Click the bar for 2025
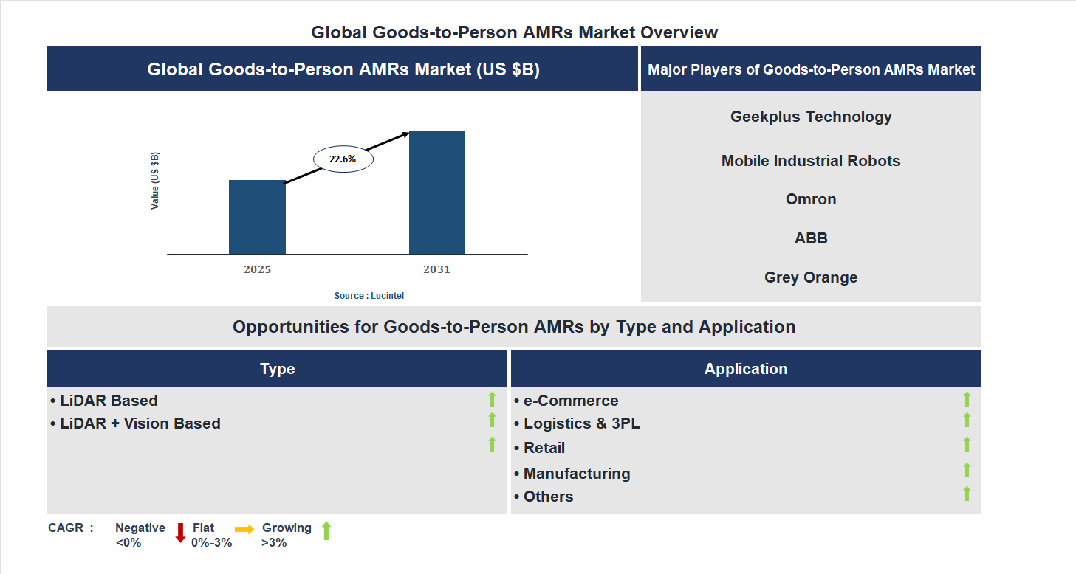tap(257, 217)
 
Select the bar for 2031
tap(437, 193)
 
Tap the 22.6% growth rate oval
tap(343, 159)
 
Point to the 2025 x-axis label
tap(257, 269)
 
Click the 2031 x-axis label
tap(436, 269)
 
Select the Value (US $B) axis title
tap(155, 181)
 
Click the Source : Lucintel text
tap(369, 295)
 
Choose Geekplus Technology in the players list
tap(811, 117)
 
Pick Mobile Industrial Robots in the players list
tap(811, 161)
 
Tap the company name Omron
tap(811, 199)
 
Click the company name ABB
tap(811, 238)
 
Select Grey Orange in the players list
tap(811, 277)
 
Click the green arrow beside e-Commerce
tap(967, 399)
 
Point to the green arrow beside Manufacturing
tap(967, 470)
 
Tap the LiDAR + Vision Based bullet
tap(136, 423)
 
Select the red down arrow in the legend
tap(180, 533)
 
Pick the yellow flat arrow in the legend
tap(244, 529)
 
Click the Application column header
tap(746, 369)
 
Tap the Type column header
tap(277, 369)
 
